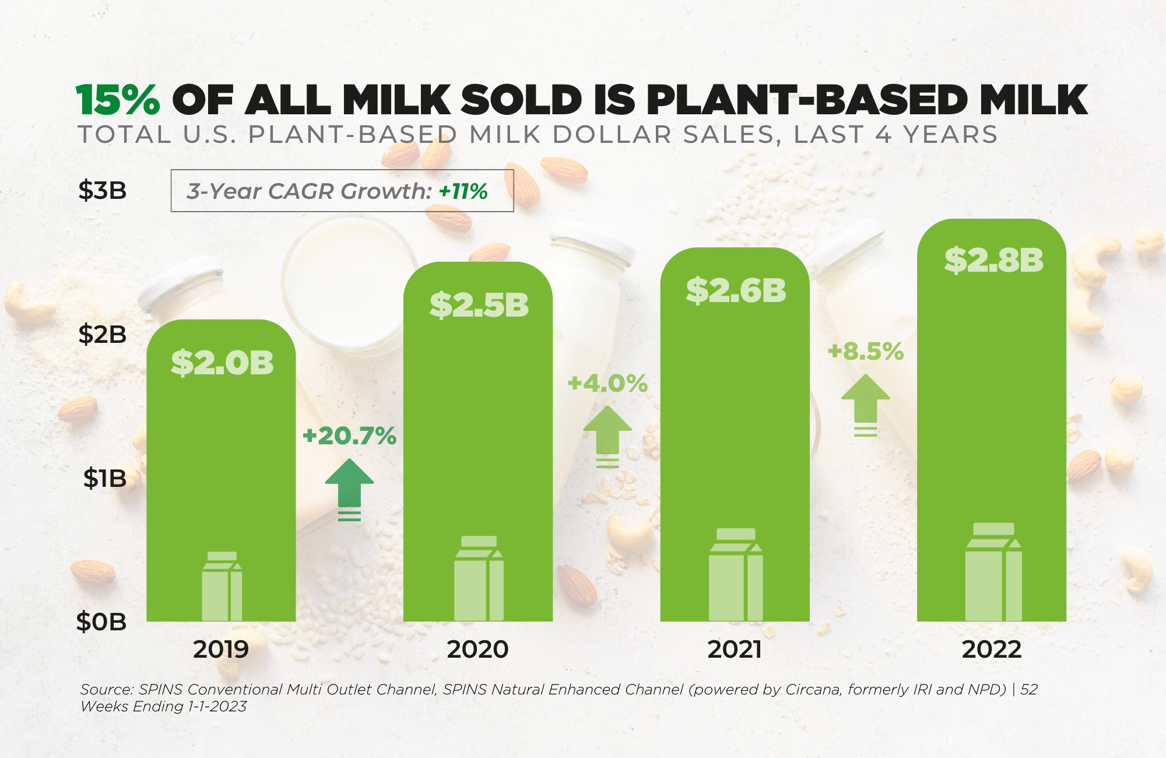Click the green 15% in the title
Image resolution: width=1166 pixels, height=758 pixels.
(x=118, y=100)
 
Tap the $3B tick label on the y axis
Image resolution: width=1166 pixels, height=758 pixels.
(x=103, y=191)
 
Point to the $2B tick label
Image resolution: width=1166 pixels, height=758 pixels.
(x=103, y=335)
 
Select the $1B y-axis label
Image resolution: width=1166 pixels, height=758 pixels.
(x=105, y=479)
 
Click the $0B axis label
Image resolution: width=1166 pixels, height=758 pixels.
(x=101, y=622)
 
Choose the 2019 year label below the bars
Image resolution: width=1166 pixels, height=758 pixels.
(x=221, y=650)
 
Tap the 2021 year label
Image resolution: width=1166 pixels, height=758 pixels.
(x=735, y=650)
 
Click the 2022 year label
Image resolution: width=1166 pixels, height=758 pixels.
(x=992, y=650)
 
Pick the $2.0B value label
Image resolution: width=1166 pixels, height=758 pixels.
(x=222, y=363)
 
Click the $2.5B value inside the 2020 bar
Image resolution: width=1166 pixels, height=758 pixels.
(x=479, y=305)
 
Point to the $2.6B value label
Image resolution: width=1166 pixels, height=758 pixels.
(x=736, y=290)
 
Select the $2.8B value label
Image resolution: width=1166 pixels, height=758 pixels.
(x=993, y=260)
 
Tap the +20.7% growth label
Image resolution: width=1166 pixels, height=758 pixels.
(x=349, y=436)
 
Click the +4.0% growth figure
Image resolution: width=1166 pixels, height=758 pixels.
(x=607, y=384)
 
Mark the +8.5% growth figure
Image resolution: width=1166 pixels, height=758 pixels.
(x=865, y=352)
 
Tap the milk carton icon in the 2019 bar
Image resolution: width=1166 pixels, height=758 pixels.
(x=222, y=587)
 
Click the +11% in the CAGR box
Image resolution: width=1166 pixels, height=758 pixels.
(x=463, y=191)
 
